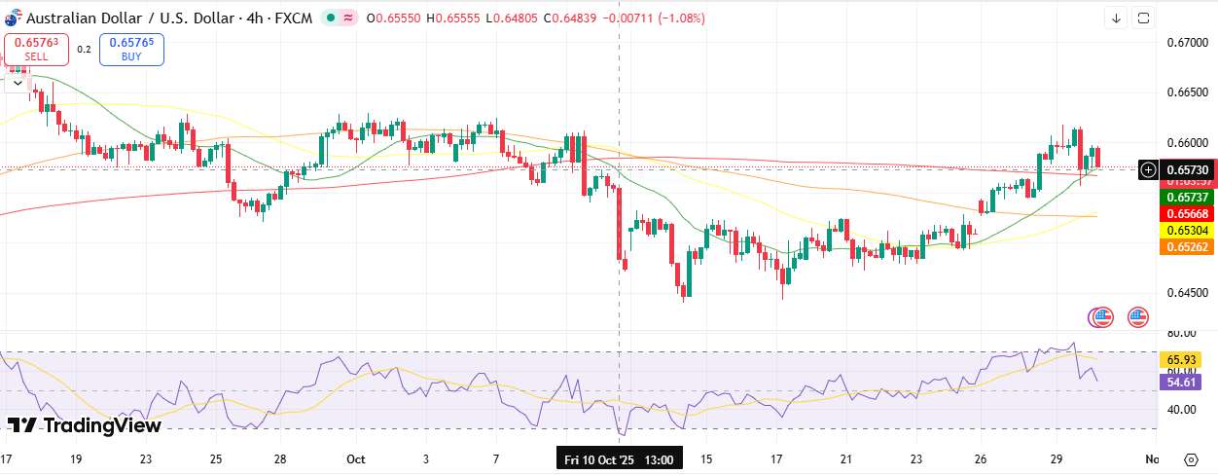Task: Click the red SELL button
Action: tap(36, 49)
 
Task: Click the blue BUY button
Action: tap(131, 49)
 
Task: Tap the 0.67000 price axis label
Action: tap(1187, 43)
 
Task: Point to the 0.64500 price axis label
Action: tap(1187, 292)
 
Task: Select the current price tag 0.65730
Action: tap(1185, 169)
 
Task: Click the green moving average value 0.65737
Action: tap(1185, 197)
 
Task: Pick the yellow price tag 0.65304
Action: tap(1185, 231)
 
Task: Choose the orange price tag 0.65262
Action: tap(1185, 247)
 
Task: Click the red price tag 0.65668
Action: tap(1185, 214)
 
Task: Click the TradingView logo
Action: tap(85, 425)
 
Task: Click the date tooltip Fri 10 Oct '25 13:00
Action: tap(620, 458)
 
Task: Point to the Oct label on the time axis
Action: tap(355, 458)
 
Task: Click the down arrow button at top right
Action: tap(1116, 18)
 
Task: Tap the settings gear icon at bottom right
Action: tap(1191, 459)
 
